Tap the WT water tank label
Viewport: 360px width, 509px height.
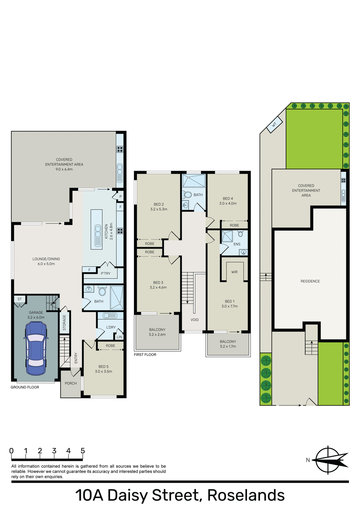click(x=274, y=124)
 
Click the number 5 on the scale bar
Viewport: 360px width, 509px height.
click(x=83, y=451)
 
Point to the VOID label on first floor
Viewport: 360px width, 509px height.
click(x=194, y=320)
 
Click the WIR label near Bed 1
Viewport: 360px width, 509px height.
click(x=234, y=272)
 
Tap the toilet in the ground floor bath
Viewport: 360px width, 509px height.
click(x=102, y=291)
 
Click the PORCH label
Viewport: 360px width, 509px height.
click(x=71, y=383)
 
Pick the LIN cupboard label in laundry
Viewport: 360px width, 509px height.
click(x=119, y=337)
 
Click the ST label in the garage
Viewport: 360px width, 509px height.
click(x=20, y=299)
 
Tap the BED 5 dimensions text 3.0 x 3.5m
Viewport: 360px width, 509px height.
click(x=103, y=371)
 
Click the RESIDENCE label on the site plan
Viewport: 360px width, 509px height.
click(x=310, y=281)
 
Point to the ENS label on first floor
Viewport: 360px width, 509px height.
click(x=237, y=244)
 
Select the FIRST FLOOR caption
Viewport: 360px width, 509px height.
click(x=145, y=355)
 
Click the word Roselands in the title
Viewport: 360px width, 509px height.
click(x=246, y=495)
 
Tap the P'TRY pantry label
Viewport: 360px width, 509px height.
click(x=106, y=273)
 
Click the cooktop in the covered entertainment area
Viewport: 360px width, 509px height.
click(x=120, y=149)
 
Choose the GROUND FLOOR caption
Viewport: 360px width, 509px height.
click(x=25, y=387)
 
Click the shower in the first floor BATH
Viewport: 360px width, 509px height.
click(x=194, y=181)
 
